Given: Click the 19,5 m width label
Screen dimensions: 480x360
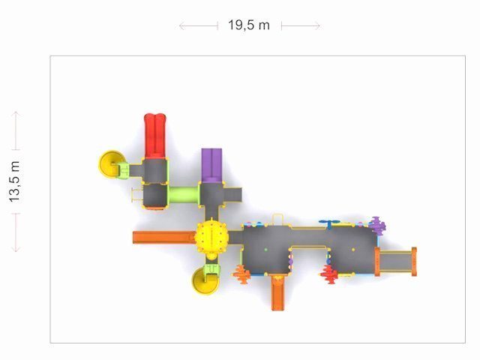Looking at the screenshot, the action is [x=248, y=25].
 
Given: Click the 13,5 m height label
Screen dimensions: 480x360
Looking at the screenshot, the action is [x=14, y=181].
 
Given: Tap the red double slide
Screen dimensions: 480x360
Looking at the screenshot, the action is [x=155, y=136].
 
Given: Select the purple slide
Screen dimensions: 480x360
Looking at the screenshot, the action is [x=211, y=165].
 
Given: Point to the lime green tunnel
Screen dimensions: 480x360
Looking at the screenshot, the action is [x=184, y=195].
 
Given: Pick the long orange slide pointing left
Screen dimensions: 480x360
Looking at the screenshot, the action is [x=164, y=237].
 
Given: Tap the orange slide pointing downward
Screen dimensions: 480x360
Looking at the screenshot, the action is [x=277, y=292].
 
